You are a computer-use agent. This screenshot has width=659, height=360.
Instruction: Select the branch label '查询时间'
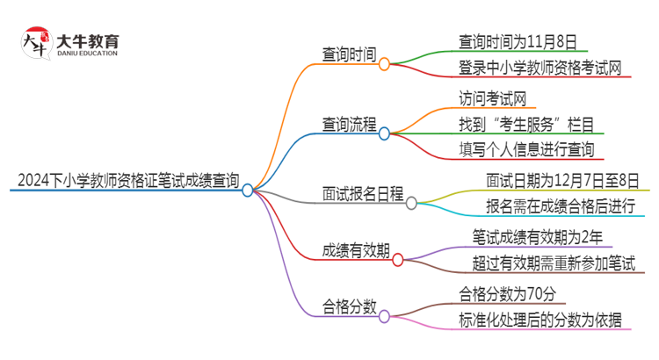pyautogui.click(x=348, y=55)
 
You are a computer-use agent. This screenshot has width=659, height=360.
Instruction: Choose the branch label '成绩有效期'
pyautogui.click(x=355, y=251)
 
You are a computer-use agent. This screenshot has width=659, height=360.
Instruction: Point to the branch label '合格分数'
pyautogui.click(x=348, y=306)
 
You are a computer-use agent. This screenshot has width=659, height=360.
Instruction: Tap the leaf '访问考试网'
pyautogui.click(x=492, y=97)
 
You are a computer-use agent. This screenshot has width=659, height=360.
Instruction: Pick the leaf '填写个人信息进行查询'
pyautogui.click(x=526, y=149)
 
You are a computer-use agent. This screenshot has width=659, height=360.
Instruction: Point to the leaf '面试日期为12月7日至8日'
pyautogui.click(x=562, y=180)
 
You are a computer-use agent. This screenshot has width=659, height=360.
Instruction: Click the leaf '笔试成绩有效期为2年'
pyautogui.click(x=536, y=237)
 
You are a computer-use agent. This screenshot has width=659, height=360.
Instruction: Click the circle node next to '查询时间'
pyautogui.click(x=384, y=63)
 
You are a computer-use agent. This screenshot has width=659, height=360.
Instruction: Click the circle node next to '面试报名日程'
pyautogui.click(x=411, y=203)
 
